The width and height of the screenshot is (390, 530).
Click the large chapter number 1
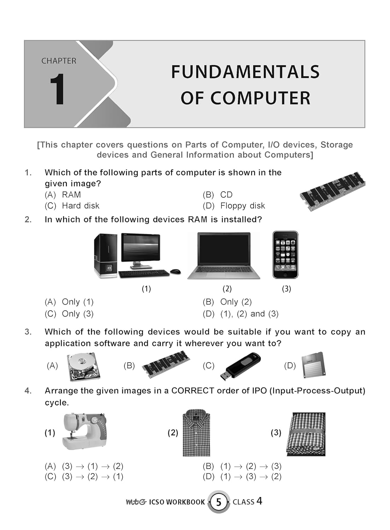click(57, 90)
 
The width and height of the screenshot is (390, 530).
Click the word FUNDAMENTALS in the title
click(245, 72)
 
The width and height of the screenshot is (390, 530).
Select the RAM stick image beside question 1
click(332, 191)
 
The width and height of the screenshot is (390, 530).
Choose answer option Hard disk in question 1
click(80, 206)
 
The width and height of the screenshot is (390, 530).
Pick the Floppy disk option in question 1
click(242, 206)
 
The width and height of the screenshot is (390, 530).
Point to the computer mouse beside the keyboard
click(175, 272)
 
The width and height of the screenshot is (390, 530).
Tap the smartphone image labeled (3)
click(285, 255)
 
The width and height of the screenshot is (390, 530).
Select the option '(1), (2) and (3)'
click(249, 314)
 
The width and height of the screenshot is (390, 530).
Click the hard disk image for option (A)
click(84, 366)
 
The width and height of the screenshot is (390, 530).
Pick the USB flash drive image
click(240, 365)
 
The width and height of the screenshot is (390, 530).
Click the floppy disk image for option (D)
click(313, 365)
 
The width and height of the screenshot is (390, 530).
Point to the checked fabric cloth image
click(306, 434)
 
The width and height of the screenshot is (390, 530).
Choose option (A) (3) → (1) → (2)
click(92, 466)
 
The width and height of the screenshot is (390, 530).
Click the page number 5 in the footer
click(218, 502)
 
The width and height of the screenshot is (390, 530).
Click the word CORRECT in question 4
click(193, 391)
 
